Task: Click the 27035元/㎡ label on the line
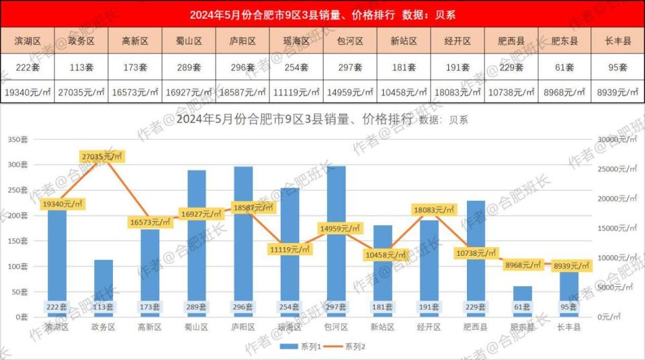(x=102, y=156)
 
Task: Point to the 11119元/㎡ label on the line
(x=290, y=249)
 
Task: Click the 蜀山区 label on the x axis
(x=196, y=328)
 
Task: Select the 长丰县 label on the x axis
(x=568, y=328)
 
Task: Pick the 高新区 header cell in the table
(x=134, y=41)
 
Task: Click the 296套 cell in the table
(x=242, y=67)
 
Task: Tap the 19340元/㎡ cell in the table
(x=28, y=92)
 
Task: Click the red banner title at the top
(x=322, y=15)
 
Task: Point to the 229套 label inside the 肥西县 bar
(x=476, y=307)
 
